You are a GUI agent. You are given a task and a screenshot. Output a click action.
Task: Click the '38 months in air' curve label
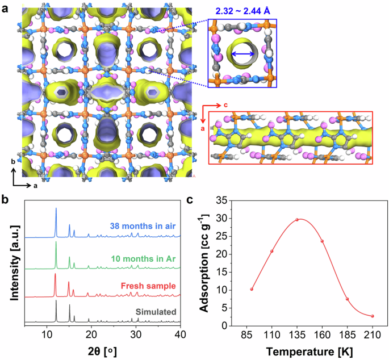click(x=142, y=224)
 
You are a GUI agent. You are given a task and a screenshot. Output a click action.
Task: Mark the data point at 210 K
click(x=372, y=316)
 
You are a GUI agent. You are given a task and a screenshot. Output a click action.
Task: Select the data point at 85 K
click(x=252, y=289)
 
